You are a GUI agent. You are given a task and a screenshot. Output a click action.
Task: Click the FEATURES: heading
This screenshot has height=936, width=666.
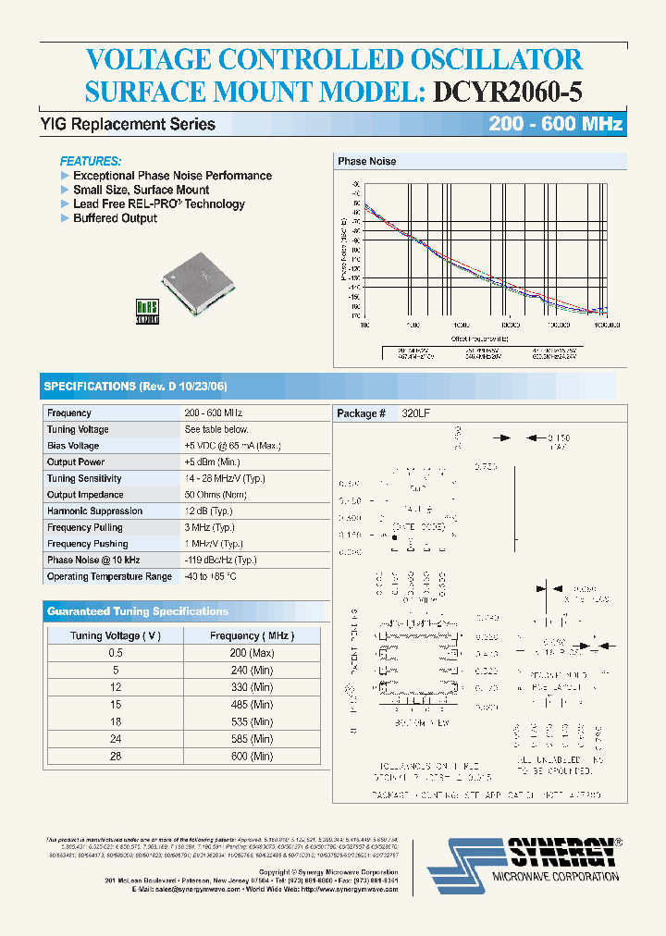(x=91, y=160)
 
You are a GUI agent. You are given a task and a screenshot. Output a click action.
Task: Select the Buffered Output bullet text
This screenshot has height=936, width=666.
(x=115, y=218)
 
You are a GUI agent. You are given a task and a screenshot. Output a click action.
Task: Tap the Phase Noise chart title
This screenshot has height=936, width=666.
(x=367, y=161)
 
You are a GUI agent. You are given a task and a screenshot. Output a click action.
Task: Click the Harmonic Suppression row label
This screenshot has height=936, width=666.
(x=94, y=511)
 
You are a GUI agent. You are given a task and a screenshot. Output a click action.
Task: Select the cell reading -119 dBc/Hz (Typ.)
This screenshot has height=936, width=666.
(x=220, y=560)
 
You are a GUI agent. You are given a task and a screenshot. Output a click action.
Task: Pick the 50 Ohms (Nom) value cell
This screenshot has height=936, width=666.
(x=216, y=495)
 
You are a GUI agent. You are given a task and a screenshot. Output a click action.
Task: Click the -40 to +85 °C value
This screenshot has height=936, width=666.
(x=210, y=576)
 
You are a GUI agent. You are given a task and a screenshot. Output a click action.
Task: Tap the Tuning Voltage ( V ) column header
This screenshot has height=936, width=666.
(x=116, y=636)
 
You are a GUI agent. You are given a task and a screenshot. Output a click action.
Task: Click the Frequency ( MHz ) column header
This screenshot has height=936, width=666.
(x=252, y=636)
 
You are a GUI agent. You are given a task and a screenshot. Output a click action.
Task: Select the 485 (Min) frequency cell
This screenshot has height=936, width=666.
(x=253, y=705)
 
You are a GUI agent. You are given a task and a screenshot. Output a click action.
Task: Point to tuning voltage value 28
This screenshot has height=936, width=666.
(x=116, y=756)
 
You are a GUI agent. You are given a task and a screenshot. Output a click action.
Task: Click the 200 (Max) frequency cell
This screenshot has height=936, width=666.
(x=253, y=653)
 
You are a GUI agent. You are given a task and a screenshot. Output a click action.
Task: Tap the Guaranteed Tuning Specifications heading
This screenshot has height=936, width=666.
(x=137, y=611)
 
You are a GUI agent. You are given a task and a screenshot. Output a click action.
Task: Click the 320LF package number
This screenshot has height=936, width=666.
(x=415, y=413)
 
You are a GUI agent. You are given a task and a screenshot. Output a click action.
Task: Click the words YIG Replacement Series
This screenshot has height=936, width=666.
(x=128, y=125)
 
